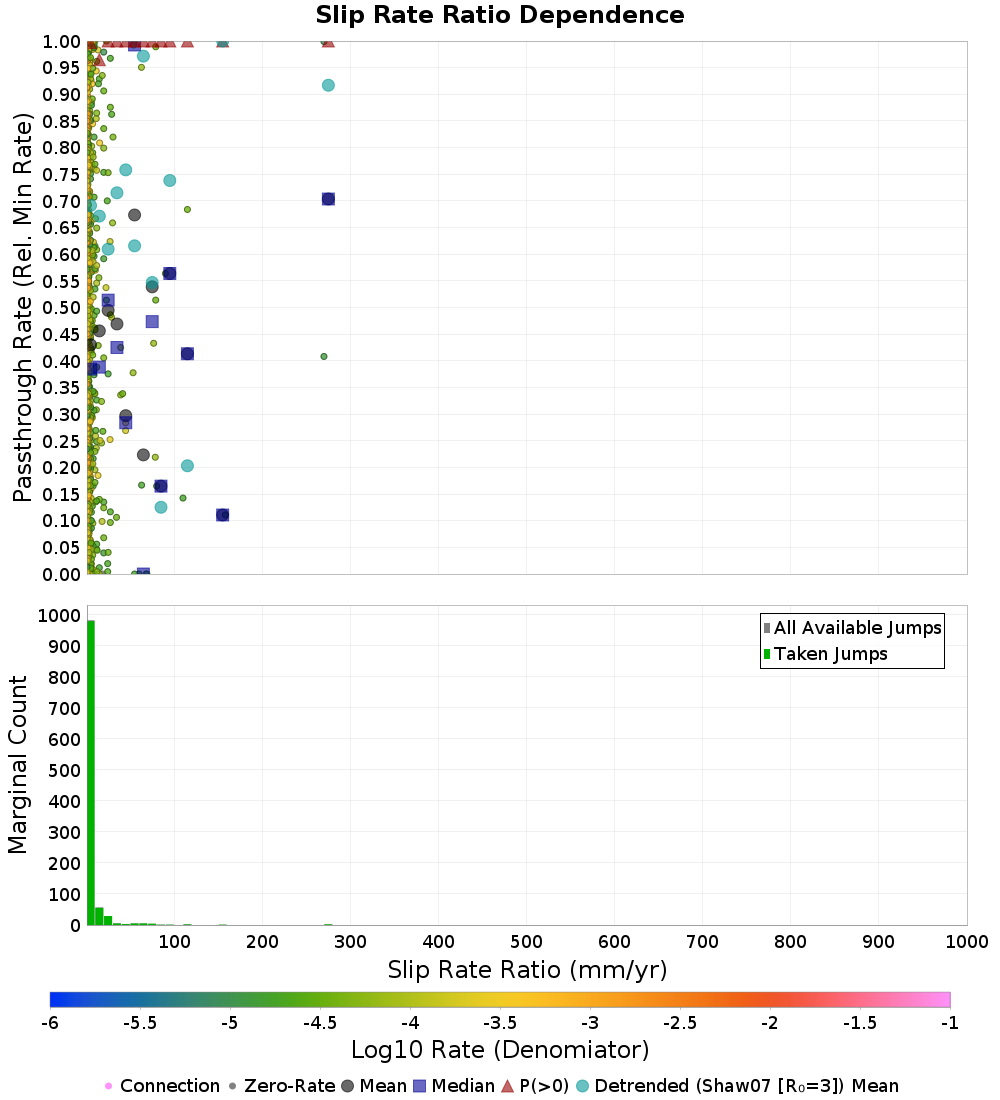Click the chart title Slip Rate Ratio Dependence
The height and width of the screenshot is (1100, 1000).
coord(500,16)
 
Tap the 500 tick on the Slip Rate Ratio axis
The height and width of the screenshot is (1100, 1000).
coord(526,942)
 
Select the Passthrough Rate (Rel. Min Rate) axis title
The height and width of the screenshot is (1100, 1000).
coord(24,307)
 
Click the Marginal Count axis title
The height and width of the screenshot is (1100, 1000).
coord(18,765)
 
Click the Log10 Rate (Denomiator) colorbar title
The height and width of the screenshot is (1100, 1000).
coord(500,1050)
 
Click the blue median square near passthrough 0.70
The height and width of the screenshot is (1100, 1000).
coord(328,199)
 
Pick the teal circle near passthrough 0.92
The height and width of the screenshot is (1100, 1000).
coord(328,85)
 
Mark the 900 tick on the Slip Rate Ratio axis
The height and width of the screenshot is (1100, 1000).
coord(879,942)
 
